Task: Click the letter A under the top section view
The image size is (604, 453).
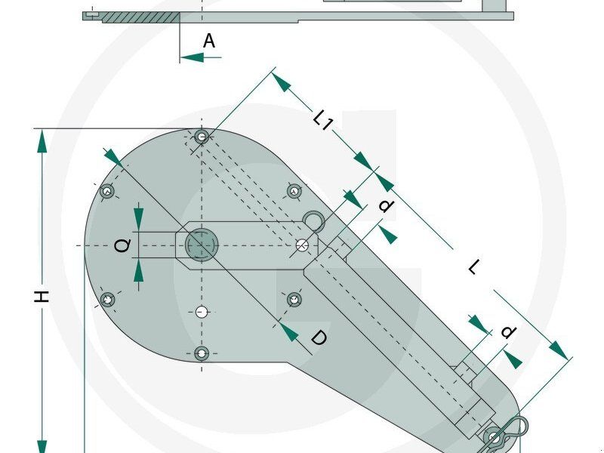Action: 209,42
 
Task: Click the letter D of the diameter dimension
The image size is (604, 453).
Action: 319,339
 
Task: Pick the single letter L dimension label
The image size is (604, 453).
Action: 473,267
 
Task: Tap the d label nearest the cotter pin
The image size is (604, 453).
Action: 508,332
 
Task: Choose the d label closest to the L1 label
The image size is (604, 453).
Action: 386,205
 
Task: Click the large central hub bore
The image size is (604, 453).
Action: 201,245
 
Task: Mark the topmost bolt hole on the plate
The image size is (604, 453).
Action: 201,137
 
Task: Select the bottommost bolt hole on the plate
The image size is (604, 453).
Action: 201,353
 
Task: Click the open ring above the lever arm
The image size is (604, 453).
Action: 314,220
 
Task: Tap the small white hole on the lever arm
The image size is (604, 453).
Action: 302,245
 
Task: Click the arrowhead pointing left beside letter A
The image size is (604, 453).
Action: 191,57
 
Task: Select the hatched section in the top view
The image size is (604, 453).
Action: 140,16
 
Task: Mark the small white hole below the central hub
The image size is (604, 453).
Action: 201,311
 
